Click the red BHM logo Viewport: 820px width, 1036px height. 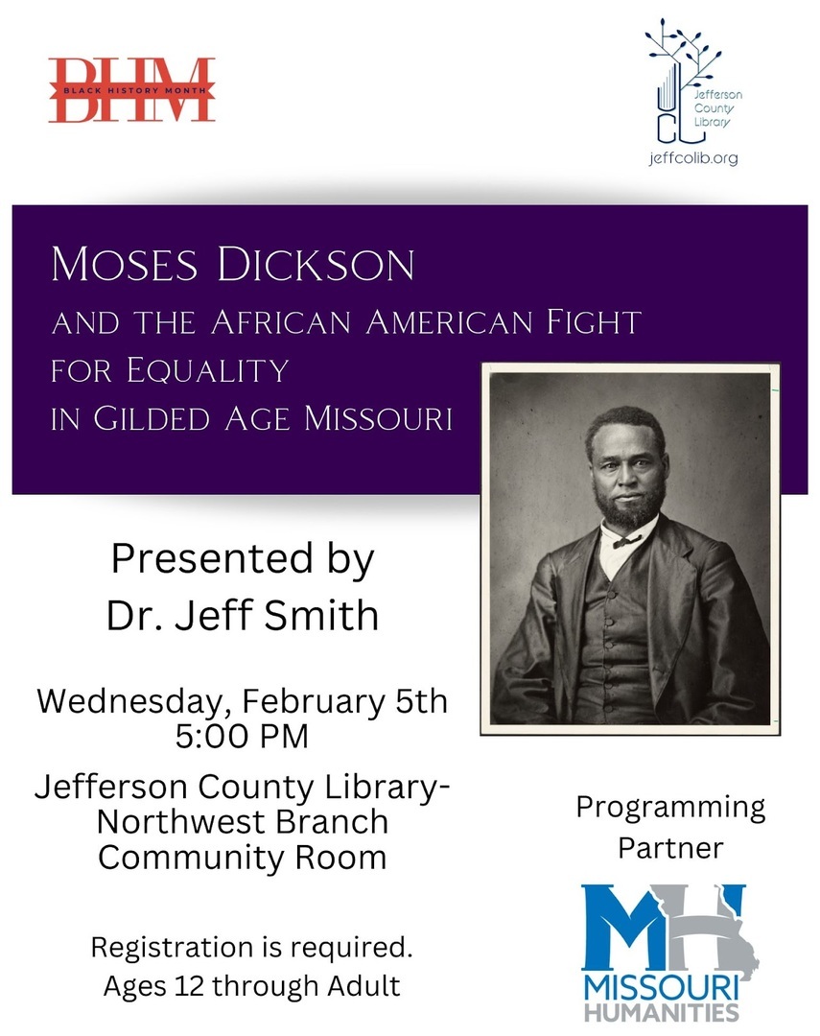click(131, 90)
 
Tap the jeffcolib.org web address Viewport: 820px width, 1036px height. click(693, 158)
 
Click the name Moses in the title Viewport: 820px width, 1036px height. click(125, 265)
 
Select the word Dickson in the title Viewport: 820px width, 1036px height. click(316, 265)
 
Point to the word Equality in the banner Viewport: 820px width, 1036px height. click(208, 370)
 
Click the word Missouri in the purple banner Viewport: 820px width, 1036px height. click(378, 419)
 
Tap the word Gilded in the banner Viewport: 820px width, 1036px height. click(152, 419)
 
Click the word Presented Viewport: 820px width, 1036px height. click(211, 559)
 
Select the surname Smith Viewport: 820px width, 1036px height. click(321, 616)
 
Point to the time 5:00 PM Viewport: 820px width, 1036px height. click(242, 736)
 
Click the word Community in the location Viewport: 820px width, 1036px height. click(191, 859)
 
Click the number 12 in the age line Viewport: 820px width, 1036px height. click(189, 986)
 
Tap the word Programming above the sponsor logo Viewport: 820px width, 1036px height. click(670, 808)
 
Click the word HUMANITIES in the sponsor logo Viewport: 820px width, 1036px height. click(662, 1012)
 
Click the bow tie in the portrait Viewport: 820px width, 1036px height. click(626, 542)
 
